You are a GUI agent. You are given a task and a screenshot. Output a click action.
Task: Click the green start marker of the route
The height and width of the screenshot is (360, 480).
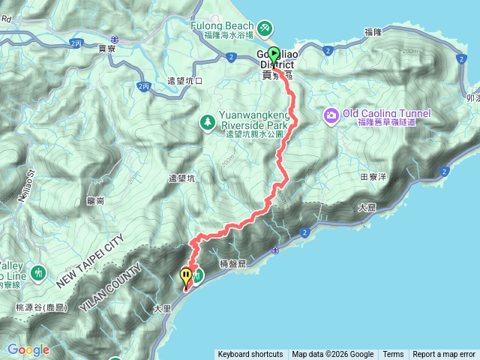[274, 54]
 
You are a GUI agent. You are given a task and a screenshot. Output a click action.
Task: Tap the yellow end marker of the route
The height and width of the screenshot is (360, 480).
[185, 277]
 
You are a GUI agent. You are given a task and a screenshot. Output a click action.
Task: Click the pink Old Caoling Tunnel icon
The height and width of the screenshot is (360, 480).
[331, 115]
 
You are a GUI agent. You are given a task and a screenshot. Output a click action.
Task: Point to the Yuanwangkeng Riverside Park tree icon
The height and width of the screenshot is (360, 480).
[206, 121]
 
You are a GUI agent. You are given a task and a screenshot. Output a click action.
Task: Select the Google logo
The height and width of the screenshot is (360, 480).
[28, 349]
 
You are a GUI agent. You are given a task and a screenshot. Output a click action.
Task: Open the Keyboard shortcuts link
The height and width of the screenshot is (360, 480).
[250, 355]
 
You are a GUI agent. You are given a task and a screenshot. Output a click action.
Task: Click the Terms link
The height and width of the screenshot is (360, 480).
[393, 355]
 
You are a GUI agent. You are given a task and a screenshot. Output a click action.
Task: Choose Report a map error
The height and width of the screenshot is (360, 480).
[444, 355]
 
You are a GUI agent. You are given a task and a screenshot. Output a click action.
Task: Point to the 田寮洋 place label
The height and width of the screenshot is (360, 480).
[372, 177]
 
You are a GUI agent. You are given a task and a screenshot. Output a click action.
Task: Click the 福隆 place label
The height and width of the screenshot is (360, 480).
[373, 32]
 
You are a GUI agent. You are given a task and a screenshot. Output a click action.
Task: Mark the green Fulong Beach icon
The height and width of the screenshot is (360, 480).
[263, 28]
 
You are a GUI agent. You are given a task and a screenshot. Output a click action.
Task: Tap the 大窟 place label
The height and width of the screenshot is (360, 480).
[367, 207]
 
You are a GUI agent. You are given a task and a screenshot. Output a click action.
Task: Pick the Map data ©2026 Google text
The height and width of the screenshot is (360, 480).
[332, 355]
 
